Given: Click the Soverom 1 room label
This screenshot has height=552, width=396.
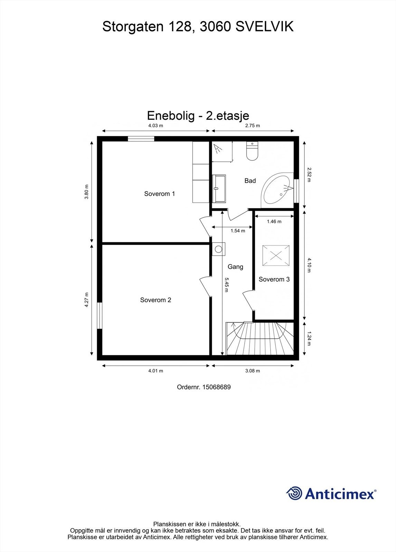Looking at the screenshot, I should click(x=159, y=194).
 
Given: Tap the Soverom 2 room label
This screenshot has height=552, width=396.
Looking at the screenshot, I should click(x=155, y=300).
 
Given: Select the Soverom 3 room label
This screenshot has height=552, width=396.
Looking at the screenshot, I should click(x=274, y=279).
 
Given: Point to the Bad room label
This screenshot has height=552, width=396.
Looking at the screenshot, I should click(x=250, y=181).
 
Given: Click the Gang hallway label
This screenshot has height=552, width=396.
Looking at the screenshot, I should click(x=235, y=267).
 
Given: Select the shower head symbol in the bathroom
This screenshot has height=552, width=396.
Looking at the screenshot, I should click(x=217, y=149).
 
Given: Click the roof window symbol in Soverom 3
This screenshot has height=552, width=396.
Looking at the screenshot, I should click(x=275, y=256).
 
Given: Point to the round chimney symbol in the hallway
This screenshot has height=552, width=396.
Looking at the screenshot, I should click(x=218, y=249).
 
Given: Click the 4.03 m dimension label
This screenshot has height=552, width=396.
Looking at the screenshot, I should click(x=155, y=126).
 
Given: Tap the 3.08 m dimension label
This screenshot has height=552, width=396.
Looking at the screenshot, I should click(x=252, y=371).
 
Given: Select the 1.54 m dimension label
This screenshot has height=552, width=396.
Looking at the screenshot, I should click(x=238, y=231).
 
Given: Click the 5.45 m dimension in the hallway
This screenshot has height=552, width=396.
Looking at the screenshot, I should click(x=226, y=285).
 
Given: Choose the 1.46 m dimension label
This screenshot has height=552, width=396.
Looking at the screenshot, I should click(x=274, y=221).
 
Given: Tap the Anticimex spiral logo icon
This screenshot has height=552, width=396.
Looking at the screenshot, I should click(x=294, y=493).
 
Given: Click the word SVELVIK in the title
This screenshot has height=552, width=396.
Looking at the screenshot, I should click(x=264, y=27).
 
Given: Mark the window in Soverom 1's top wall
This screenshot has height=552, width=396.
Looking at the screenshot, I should click(x=141, y=139).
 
